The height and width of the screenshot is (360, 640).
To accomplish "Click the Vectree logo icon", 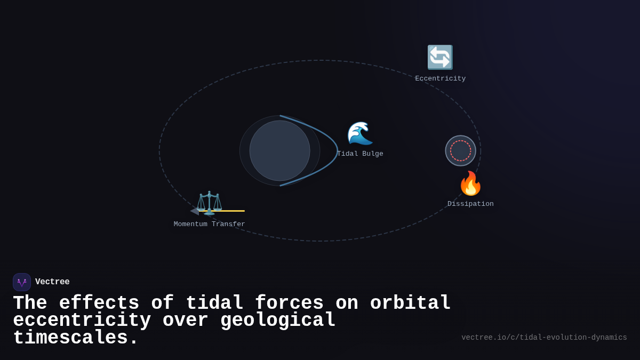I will click(x=22, y=282).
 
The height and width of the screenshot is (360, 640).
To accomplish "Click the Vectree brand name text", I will click(x=52, y=282).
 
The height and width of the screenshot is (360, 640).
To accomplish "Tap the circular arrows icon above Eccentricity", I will click(x=440, y=57).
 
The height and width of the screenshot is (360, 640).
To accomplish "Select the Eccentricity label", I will click(x=440, y=79).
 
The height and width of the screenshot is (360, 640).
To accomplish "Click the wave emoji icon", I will click(x=360, y=133).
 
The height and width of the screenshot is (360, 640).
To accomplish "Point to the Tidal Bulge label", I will click(x=361, y=154).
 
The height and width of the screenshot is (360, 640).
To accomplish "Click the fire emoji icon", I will click(x=470, y=184).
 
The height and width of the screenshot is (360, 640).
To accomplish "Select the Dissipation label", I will click(x=470, y=204).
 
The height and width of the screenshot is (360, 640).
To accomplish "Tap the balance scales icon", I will click(x=209, y=203).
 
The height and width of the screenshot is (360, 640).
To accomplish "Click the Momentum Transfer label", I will click(x=209, y=225).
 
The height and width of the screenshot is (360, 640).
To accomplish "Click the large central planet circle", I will click(x=279, y=150).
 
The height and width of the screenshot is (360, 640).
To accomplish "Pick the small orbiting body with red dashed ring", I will click(x=461, y=150).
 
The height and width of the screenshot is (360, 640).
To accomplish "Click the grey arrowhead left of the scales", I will click(x=195, y=211).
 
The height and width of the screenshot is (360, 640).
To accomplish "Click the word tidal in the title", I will click(x=214, y=303).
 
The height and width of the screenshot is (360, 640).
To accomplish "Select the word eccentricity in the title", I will click(x=82, y=321).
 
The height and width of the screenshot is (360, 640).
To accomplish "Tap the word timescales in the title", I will click(x=75, y=338).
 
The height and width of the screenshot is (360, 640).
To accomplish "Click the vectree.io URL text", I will click(x=544, y=338).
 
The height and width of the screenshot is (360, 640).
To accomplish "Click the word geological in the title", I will click(x=277, y=321).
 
